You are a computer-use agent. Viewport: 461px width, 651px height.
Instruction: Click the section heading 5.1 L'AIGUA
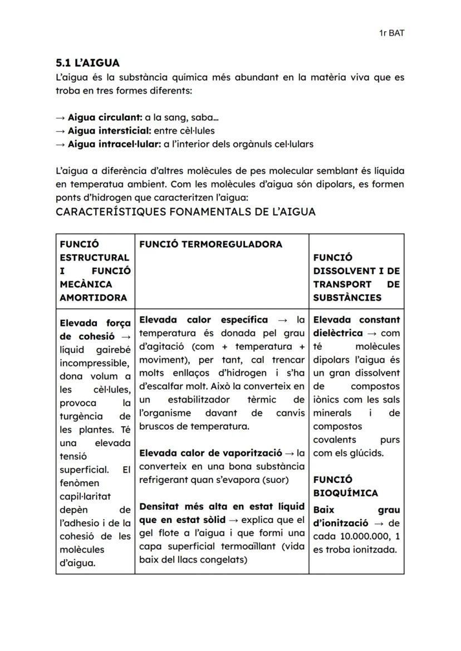tap(88, 63)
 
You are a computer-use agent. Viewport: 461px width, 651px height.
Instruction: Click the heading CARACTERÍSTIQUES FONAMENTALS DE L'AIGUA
tap(185, 212)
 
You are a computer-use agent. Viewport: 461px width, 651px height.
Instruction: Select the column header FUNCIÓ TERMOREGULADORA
tap(210, 244)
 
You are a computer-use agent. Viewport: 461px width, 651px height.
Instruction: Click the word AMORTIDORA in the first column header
tap(93, 298)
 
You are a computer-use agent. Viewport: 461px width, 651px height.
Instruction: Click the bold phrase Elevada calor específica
tap(203, 320)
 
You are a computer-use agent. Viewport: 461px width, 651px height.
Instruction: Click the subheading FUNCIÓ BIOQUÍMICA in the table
tap(345, 486)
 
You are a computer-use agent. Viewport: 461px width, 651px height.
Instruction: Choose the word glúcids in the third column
tap(366, 453)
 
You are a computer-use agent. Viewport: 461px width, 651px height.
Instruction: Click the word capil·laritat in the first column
tap(85, 497)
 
